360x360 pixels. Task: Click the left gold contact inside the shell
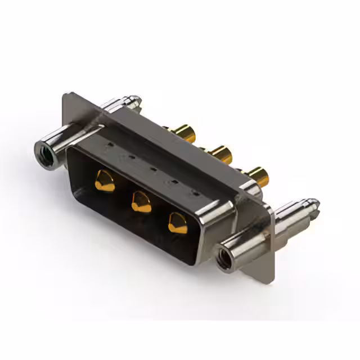tap(105, 182)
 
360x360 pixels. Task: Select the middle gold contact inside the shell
tap(141, 201)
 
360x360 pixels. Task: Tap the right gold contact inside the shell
tap(178, 223)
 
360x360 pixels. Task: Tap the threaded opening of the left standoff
tap(44, 154)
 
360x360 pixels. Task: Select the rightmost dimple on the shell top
tap(195, 193)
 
